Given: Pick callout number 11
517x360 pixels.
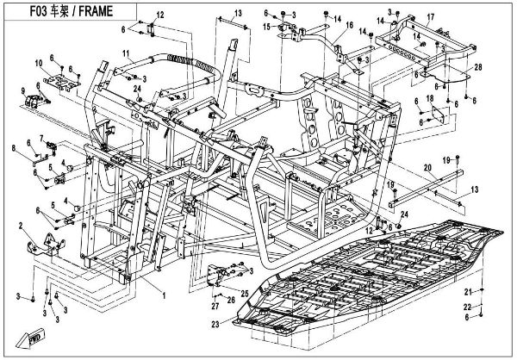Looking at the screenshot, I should click(125, 53).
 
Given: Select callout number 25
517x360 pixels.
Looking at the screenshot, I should click(245, 294).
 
